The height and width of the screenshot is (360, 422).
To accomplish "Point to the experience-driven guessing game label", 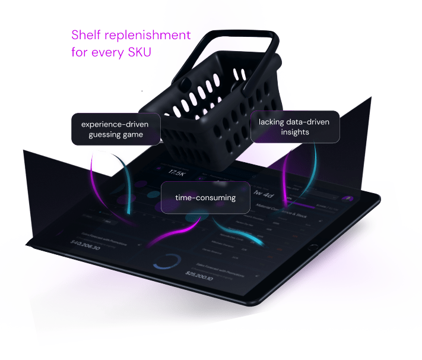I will tap(116, 129).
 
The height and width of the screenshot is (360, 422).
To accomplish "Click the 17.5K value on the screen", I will tap(176, 172).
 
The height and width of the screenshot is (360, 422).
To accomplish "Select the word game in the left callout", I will tap(135, 135).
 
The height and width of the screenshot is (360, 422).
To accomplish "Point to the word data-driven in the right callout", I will tap(310, 121).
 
